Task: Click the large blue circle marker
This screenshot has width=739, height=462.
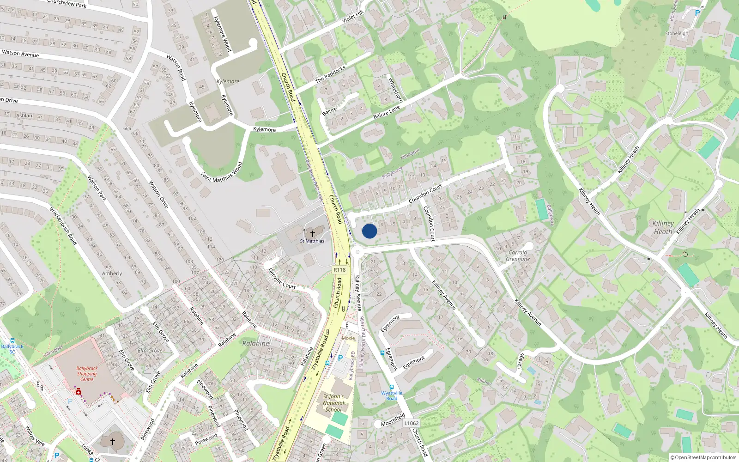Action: [369, 231]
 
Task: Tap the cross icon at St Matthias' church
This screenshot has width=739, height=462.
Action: [313, 234]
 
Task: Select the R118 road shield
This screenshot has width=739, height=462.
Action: [339, 270]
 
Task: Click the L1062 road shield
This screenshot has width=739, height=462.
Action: [411, 423]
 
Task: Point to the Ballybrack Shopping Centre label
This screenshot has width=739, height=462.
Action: [87, 374]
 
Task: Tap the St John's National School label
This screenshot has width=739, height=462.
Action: [333, 403]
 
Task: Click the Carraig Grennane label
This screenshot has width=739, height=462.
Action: [518, 256]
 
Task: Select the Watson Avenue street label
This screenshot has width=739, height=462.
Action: [20, 54]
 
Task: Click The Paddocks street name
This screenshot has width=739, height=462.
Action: [330, 74]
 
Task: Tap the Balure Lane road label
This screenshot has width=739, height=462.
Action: [387, 112]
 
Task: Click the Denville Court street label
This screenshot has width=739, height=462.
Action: [282, 279]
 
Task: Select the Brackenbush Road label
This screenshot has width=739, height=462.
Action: [63, 226]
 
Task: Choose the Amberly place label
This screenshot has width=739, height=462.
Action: [112, 274]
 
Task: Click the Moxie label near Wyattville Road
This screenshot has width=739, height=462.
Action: [348, 338]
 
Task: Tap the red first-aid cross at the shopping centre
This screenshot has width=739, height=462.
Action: [79, 392]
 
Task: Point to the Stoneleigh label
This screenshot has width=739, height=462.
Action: [677, 33]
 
